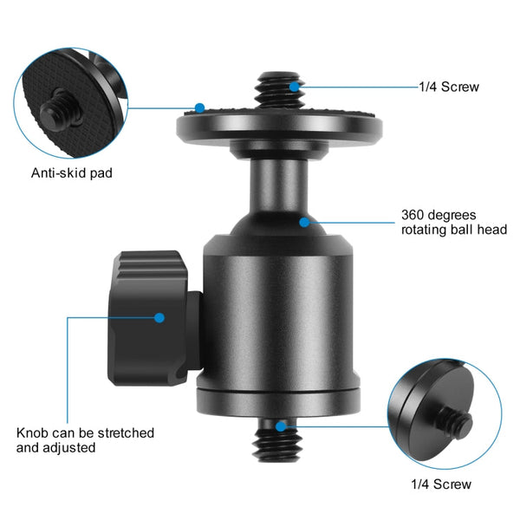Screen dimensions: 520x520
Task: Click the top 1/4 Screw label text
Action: point(448,87)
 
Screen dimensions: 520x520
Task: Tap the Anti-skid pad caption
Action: point(72,172)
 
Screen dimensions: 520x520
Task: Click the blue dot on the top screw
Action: point(296,86)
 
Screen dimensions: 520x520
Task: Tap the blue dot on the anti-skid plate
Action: point(199,108)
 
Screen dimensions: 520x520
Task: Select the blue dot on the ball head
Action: point(304,222)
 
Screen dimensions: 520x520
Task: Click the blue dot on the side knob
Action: point(159,317)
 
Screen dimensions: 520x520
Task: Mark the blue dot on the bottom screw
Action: point(282,426)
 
